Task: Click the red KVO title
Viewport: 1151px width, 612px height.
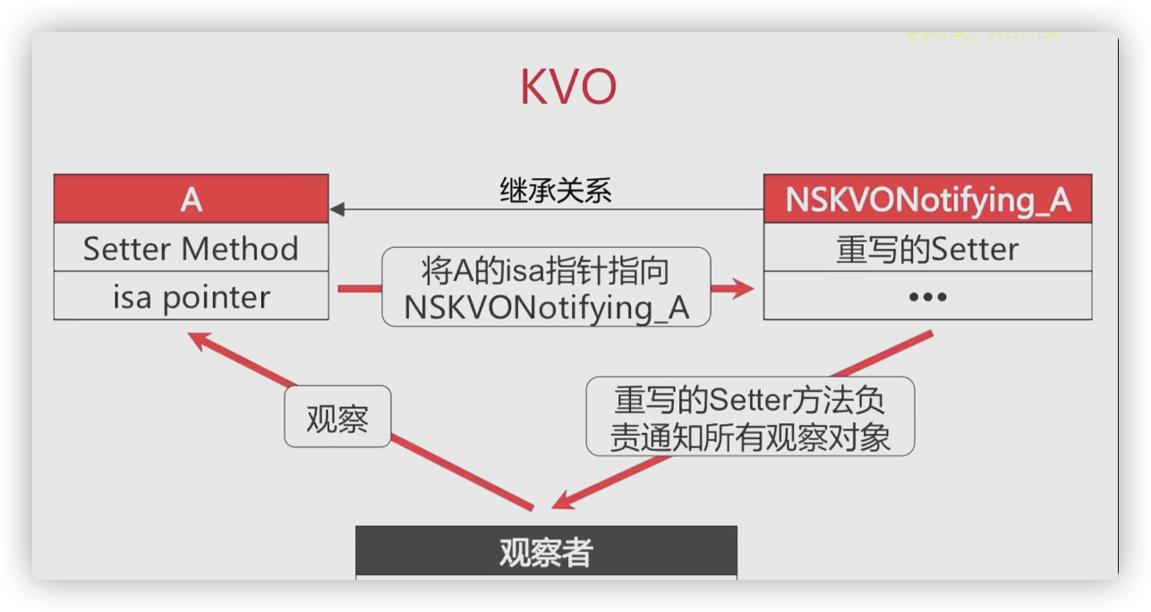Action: [x=568, y=89]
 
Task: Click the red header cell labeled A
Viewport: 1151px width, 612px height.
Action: [x=191, y=200]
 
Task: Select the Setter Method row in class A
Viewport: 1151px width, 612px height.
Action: [x=191, y=249]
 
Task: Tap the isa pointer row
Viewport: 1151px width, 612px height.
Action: [x=191, y=297]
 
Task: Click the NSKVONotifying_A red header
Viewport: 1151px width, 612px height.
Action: [x=927, y=200]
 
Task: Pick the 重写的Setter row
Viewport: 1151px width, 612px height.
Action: [x=927, y=249]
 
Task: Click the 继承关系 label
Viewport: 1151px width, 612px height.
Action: [x=555, y=191]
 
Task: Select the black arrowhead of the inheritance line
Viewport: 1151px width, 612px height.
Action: [x=337, y=210]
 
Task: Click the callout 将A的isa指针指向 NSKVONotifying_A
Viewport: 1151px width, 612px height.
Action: [x=546, y=286]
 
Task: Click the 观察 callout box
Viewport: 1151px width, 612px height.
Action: [x=337, y=417]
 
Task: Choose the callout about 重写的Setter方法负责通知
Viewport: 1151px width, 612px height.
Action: [x=750, y=416]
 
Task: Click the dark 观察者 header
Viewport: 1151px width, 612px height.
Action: [x=546, y=552]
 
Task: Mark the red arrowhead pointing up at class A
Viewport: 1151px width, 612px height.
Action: [x=198, y=340]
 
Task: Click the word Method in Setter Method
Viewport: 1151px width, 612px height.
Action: [x=244, y=249]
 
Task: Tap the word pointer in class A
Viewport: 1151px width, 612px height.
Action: [x=217, y=297]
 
